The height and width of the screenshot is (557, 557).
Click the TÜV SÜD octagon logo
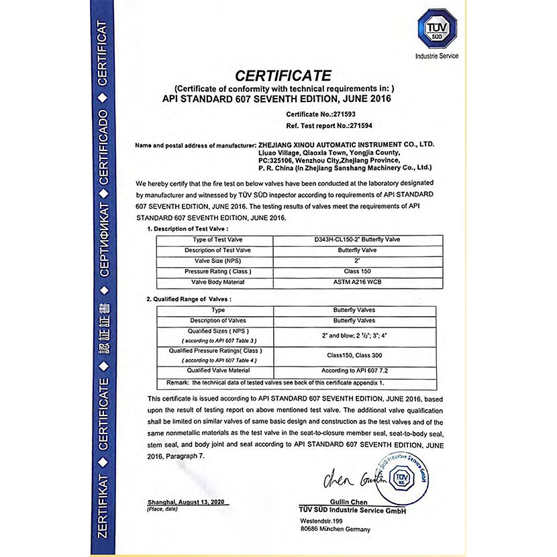click(437, 28)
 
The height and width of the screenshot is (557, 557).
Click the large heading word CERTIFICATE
click(283, 74)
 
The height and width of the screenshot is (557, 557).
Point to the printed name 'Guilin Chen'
click(347, 502)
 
